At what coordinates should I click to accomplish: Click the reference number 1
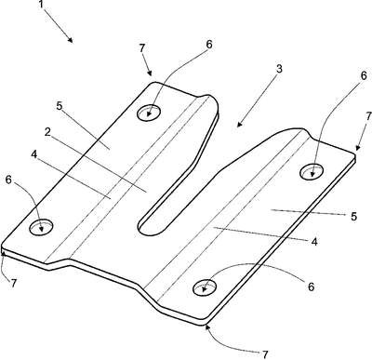(41, 4)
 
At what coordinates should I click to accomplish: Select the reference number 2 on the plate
(47, 132)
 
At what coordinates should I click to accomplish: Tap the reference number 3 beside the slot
(279, 69)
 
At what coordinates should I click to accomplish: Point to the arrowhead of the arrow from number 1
(71, 40)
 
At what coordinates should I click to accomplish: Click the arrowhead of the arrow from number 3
(239, 124)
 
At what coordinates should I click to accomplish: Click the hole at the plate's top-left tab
(149, 112)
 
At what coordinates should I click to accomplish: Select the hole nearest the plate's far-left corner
(41, 227)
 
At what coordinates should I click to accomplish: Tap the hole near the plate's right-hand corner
(312, 171)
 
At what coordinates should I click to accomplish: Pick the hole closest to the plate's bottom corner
(205, 288)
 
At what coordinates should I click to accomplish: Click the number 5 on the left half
(60, 106)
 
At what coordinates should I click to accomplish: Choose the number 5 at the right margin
(353, 216)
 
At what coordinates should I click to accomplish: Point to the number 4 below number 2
(34, 154)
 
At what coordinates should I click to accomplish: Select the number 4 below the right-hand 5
(314, 242)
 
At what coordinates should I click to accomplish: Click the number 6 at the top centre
(209, 45)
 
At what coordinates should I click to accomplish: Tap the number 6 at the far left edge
(9, 180)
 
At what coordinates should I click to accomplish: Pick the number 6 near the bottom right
(311, 287)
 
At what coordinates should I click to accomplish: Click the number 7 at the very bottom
(265, 354)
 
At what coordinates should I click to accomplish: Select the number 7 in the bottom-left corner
(13, 284)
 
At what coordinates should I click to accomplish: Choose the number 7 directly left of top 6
(141, 48)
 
